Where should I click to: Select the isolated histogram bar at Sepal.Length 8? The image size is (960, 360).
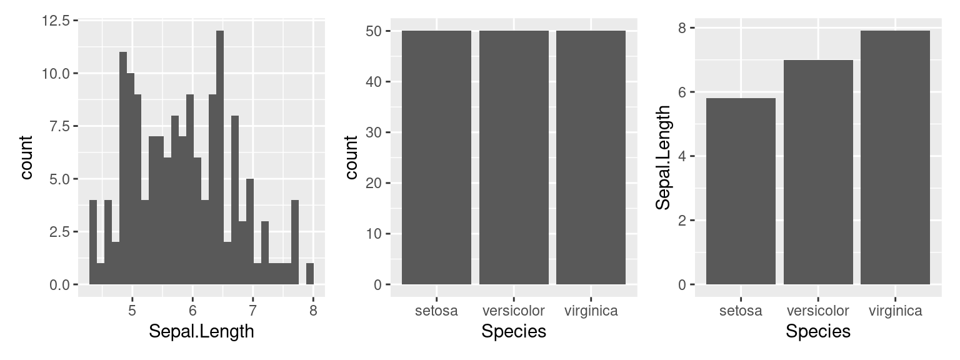point(310,274)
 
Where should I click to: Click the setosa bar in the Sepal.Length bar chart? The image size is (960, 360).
point(741,191)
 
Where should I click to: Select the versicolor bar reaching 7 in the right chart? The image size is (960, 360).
point(817,172)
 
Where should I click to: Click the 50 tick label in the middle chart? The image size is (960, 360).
point(374,31)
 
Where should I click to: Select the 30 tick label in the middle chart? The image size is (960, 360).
point(374,132)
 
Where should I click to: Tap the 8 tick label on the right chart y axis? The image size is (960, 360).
point(682,28)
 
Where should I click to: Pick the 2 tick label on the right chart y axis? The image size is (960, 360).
point(682,221)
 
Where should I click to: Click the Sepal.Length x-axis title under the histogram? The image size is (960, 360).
point(201,331)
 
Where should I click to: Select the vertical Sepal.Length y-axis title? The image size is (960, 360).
point(663,157)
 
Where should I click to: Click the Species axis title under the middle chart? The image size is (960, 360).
point(514,331)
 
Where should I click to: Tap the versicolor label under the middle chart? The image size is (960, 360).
point(514,311)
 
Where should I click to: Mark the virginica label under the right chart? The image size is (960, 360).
point(895,311)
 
